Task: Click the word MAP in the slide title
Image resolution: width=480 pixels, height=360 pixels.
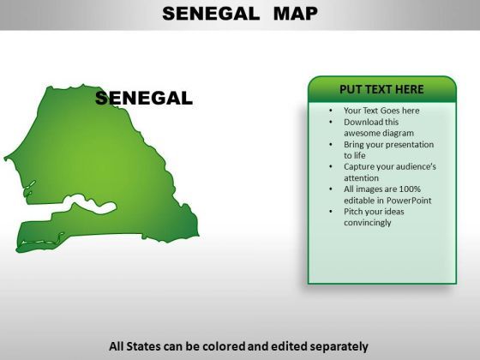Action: pyautogui.click(x=296, y=14)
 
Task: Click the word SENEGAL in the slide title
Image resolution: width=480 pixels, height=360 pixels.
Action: pyautogui.click(x=211, y=14)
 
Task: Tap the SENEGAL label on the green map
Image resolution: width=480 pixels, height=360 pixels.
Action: pyautogui.click(x=144, y=99)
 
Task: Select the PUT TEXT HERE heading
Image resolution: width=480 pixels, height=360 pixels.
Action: pyautogui.click(x=381, y=89)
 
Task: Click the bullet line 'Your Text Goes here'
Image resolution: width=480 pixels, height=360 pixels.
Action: pyautogui.click(x=381, y=111)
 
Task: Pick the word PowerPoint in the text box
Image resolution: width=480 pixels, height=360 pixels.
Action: pyautogui.click(x=409, y=201)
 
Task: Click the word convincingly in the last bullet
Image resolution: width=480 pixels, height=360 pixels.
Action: pyautogui.click(x=368, y=223)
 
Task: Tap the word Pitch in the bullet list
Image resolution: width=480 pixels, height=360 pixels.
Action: pyautogui.click(x=352, y=212)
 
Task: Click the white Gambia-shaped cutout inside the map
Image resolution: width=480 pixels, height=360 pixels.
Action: pyautogui.click(x=91, y=205)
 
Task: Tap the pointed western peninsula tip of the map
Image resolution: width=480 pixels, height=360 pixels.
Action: pyautogui.click(x=5, y=159)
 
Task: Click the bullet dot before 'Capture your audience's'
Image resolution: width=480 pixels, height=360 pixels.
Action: pyautogui.click(x=331, y=167)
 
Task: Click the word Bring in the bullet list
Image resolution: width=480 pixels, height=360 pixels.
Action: pyautogui.click(x=352, y=145)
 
